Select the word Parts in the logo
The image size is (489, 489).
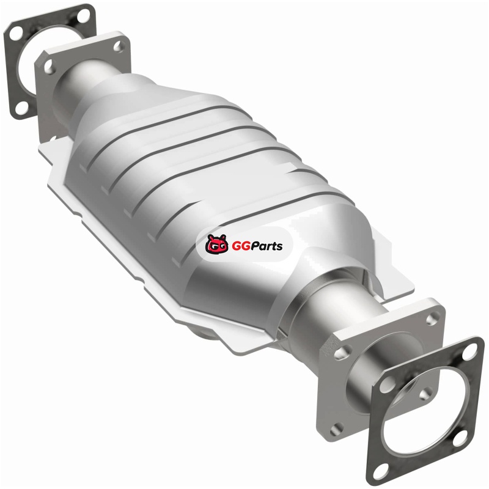point(268,246)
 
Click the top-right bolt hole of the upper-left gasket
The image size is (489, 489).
point(83,16)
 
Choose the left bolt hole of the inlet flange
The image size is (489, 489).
point(48,67)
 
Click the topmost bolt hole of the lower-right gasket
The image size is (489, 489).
point(469,353)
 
